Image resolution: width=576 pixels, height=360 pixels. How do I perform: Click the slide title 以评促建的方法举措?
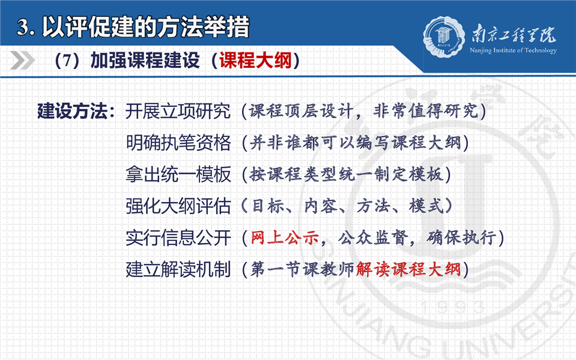pos(146,27)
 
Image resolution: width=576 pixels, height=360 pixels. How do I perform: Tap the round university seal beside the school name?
pos(444,37)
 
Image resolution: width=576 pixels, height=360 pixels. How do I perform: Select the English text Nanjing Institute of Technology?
pos(513,50)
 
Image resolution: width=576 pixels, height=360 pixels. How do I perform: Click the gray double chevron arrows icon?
pos(22,60)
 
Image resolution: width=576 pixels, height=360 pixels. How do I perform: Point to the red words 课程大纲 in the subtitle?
pos(255,60)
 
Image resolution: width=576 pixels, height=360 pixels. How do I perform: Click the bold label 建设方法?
pos(72,111)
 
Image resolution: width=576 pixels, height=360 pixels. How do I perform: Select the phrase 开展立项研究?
pos(178,111)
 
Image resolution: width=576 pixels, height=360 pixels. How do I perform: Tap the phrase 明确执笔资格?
pos(178,142)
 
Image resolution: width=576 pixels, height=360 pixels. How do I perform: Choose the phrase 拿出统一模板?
pos(178,174)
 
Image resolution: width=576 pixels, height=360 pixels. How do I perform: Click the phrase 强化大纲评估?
pos(178,206)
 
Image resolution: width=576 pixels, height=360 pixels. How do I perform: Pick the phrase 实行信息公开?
pos(178,238)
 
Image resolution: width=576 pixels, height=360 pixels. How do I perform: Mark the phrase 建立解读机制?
pos(178,269)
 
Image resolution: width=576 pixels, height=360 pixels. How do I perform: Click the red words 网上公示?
pos(284,238)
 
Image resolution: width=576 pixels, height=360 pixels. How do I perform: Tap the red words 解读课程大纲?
pos(408,269)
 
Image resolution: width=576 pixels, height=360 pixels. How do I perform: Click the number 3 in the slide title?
pos(23,28)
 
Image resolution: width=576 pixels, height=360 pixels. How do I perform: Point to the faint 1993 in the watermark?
pos(453,307)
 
